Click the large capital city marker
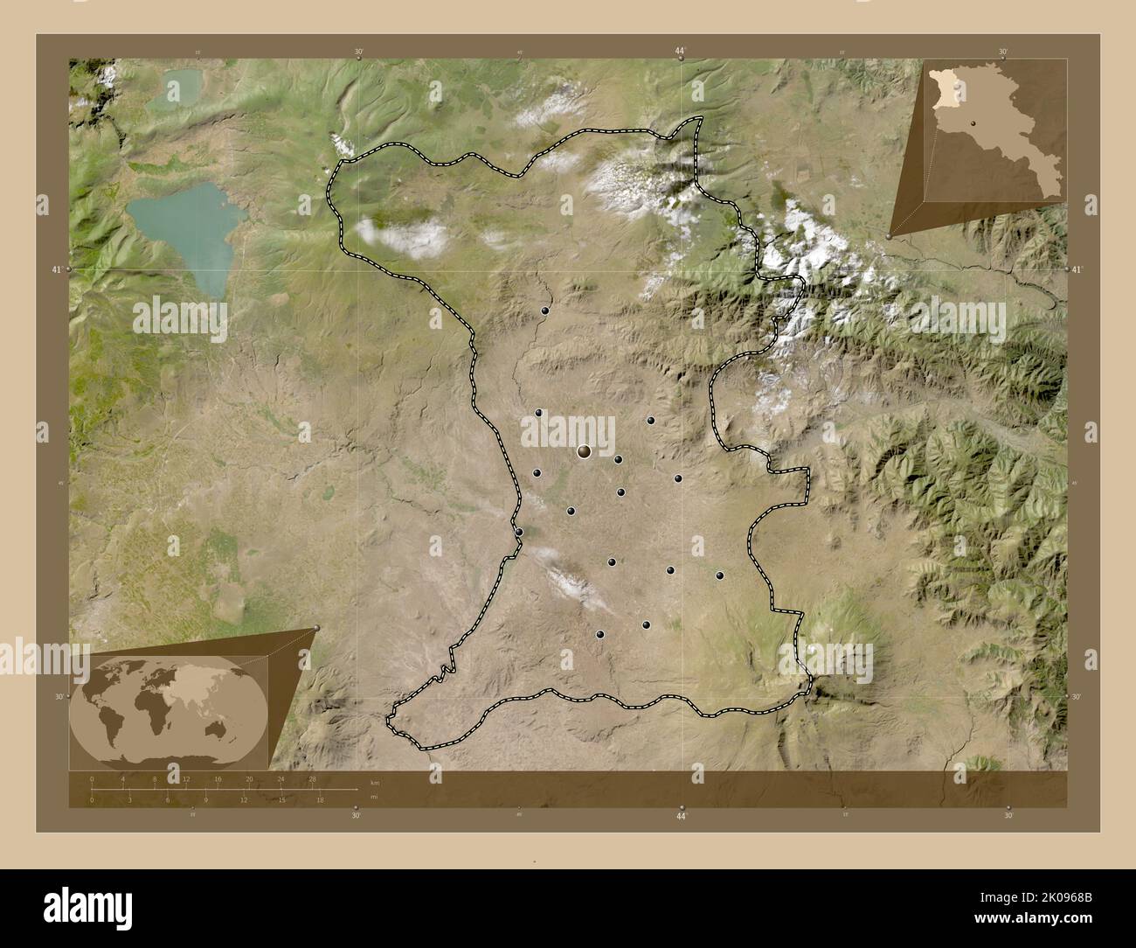584,451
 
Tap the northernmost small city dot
544,310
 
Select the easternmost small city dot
719,575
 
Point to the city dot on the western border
518,532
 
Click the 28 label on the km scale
312,778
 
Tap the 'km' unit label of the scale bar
375,782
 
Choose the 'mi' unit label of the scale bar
373,797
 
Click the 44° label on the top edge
680,52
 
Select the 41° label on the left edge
55,270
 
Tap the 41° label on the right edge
1077,270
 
